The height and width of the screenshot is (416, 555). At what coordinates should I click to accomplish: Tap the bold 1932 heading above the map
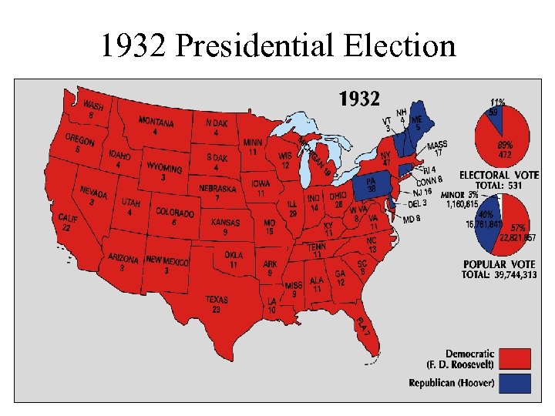click(360, 99)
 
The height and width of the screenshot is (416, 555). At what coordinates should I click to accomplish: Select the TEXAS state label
click(217, 300)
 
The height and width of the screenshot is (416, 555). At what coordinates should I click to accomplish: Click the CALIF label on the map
click(69, 219)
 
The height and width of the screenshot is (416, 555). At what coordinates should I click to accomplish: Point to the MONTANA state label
click(155, 122)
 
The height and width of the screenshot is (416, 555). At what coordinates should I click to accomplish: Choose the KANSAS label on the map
click(225, 223)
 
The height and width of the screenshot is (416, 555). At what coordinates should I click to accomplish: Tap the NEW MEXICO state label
click(166, 262)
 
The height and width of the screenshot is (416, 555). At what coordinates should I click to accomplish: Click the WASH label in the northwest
click(93, 106)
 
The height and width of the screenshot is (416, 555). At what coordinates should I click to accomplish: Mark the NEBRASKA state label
click(217, 189)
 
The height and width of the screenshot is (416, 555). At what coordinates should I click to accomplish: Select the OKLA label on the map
click(234, 255)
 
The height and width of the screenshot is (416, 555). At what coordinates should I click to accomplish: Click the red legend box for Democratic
click(516, 357)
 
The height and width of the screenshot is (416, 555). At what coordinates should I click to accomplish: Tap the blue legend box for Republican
click(516, 383)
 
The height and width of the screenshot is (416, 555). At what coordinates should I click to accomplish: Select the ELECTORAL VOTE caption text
click(498, 175)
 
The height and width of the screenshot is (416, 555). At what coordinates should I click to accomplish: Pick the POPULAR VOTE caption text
click(498, 264)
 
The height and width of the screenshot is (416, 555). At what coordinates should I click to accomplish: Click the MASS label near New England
click(437, 145)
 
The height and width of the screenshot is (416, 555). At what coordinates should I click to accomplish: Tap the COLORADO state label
click(175, 212)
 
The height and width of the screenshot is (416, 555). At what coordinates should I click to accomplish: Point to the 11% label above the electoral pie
click(498, 102)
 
